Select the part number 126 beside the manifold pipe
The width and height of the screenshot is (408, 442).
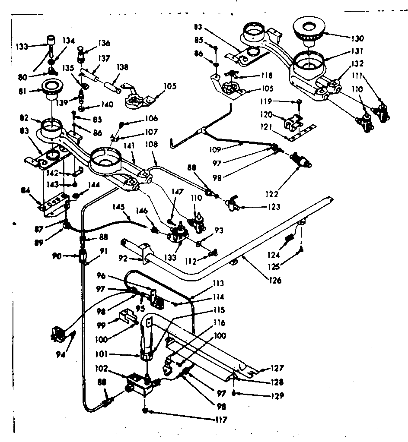pos(274,280)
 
